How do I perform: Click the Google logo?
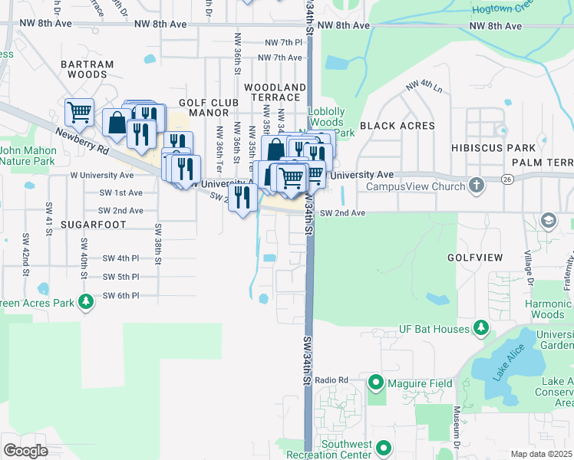(25, 451)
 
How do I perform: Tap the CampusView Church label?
(415, 186)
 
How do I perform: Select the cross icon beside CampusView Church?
(477, 186)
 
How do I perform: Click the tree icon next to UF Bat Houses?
(481, 329)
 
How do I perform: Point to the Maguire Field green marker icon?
(376, 381)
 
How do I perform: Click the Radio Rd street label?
(332, 380)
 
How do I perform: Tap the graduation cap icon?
(549, 221)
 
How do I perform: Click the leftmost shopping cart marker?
(79, 112)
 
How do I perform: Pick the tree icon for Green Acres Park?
(86, 303)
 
